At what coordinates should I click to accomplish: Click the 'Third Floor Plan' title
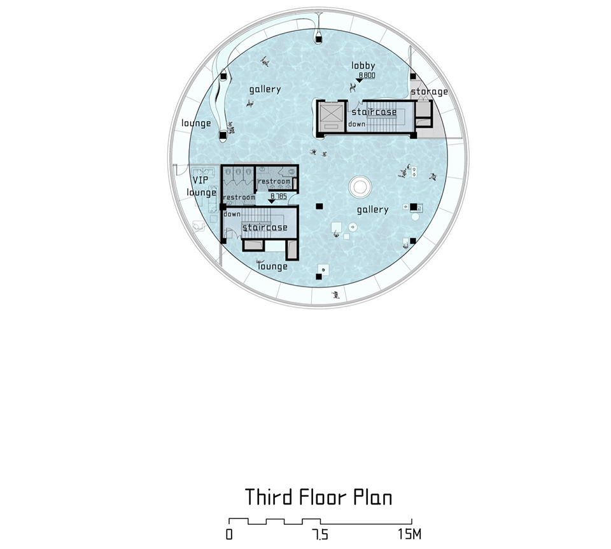(x=318, y=497)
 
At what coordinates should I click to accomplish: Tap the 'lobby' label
(x=363, y=66)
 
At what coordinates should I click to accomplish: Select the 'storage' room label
(x=430, y=92)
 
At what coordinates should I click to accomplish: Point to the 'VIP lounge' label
(x=201, y=186)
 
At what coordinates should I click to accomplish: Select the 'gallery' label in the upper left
(x=265, y=89)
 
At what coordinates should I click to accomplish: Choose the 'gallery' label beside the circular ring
(x=373, y=210)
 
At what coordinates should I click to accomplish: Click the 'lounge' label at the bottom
(x=273, y=266)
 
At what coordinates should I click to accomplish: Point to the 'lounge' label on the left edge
(x=197, y=123)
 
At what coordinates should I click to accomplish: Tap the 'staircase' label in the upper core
(x=374, y=112)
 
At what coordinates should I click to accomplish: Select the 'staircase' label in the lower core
(x=265, y=227)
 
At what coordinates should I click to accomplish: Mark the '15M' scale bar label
(x=409, y=534)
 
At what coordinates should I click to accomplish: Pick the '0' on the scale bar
(x=229, y=534)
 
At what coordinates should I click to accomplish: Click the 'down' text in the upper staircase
(x=357, y=124)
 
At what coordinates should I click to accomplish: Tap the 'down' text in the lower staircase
(x=232, y=214)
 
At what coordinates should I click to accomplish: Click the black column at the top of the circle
(x=319, y=39)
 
